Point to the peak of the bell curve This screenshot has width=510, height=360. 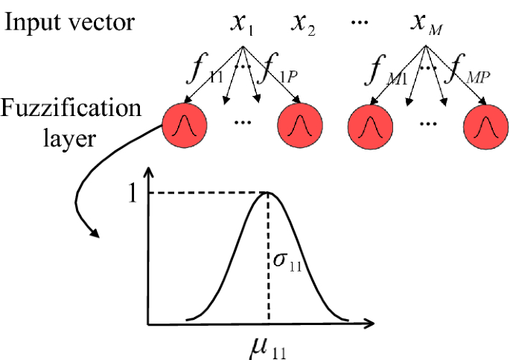268,193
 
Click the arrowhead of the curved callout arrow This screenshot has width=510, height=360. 96,235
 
